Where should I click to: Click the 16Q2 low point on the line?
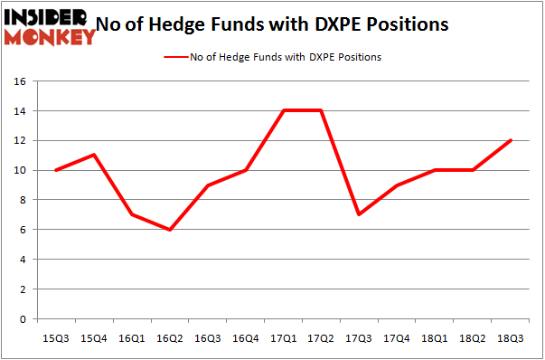coord(170,230)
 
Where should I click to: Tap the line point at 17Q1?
coord(284,110)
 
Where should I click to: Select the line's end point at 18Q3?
coord(511,140)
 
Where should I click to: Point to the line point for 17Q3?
coord(359,214)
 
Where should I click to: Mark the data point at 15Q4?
coord(94,155)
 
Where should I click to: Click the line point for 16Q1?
coord(132,214)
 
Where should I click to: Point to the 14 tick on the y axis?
coord(22,111)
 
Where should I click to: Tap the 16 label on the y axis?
coord(22,81)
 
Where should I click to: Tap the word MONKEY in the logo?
coord(51,37)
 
